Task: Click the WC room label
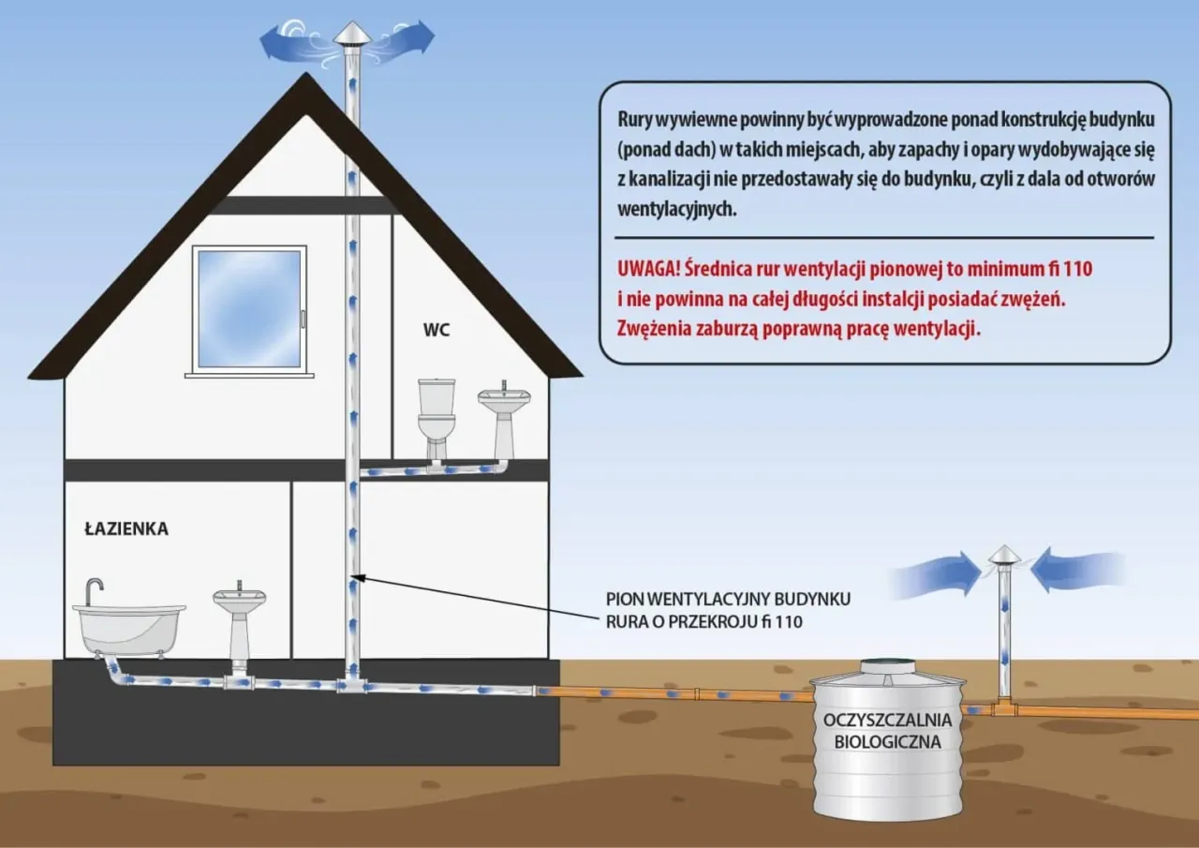click(437, 330)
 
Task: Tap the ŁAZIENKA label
click(126, 529)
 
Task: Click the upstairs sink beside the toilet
click(504, 416)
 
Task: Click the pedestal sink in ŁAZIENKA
click(239, 623)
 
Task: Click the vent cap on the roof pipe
click(352, 35)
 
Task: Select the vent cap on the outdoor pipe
click(1004, 556)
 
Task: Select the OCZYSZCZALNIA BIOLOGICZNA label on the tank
click(887, 731)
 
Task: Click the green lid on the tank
click(887, 665)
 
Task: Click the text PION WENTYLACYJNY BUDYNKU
click(728, 599)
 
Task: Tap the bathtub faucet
click(94, 590)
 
